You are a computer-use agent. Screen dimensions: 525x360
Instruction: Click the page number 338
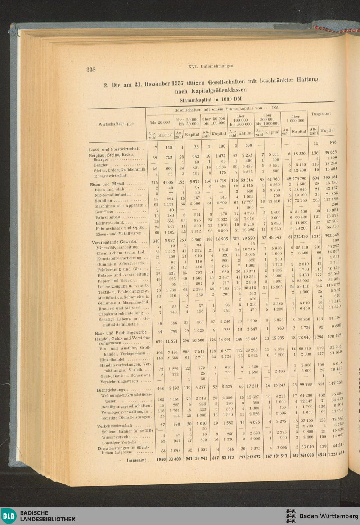click(91, 69)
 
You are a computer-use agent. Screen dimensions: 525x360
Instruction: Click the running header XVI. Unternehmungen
click(211, 66)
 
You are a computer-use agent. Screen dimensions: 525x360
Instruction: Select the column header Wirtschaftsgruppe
click(116, 124)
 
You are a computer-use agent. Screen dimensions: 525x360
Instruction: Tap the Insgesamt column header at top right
click(321, 114)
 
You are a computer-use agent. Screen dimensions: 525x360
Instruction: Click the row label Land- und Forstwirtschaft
click(114, 149)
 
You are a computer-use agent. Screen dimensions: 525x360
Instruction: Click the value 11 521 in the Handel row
click(166, 341)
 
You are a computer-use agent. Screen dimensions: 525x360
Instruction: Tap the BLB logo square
click(9, 516)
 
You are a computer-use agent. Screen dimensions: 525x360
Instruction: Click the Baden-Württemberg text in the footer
click(328, 516)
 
